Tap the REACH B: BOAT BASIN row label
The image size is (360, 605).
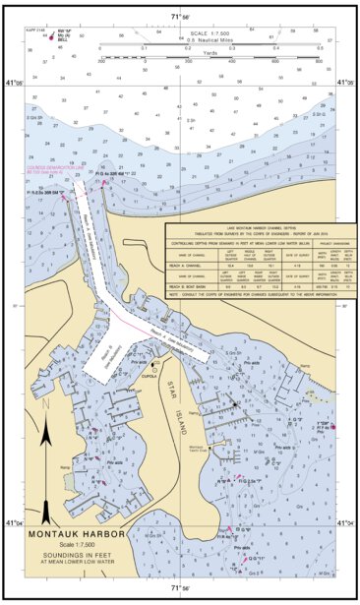click(191, 286)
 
